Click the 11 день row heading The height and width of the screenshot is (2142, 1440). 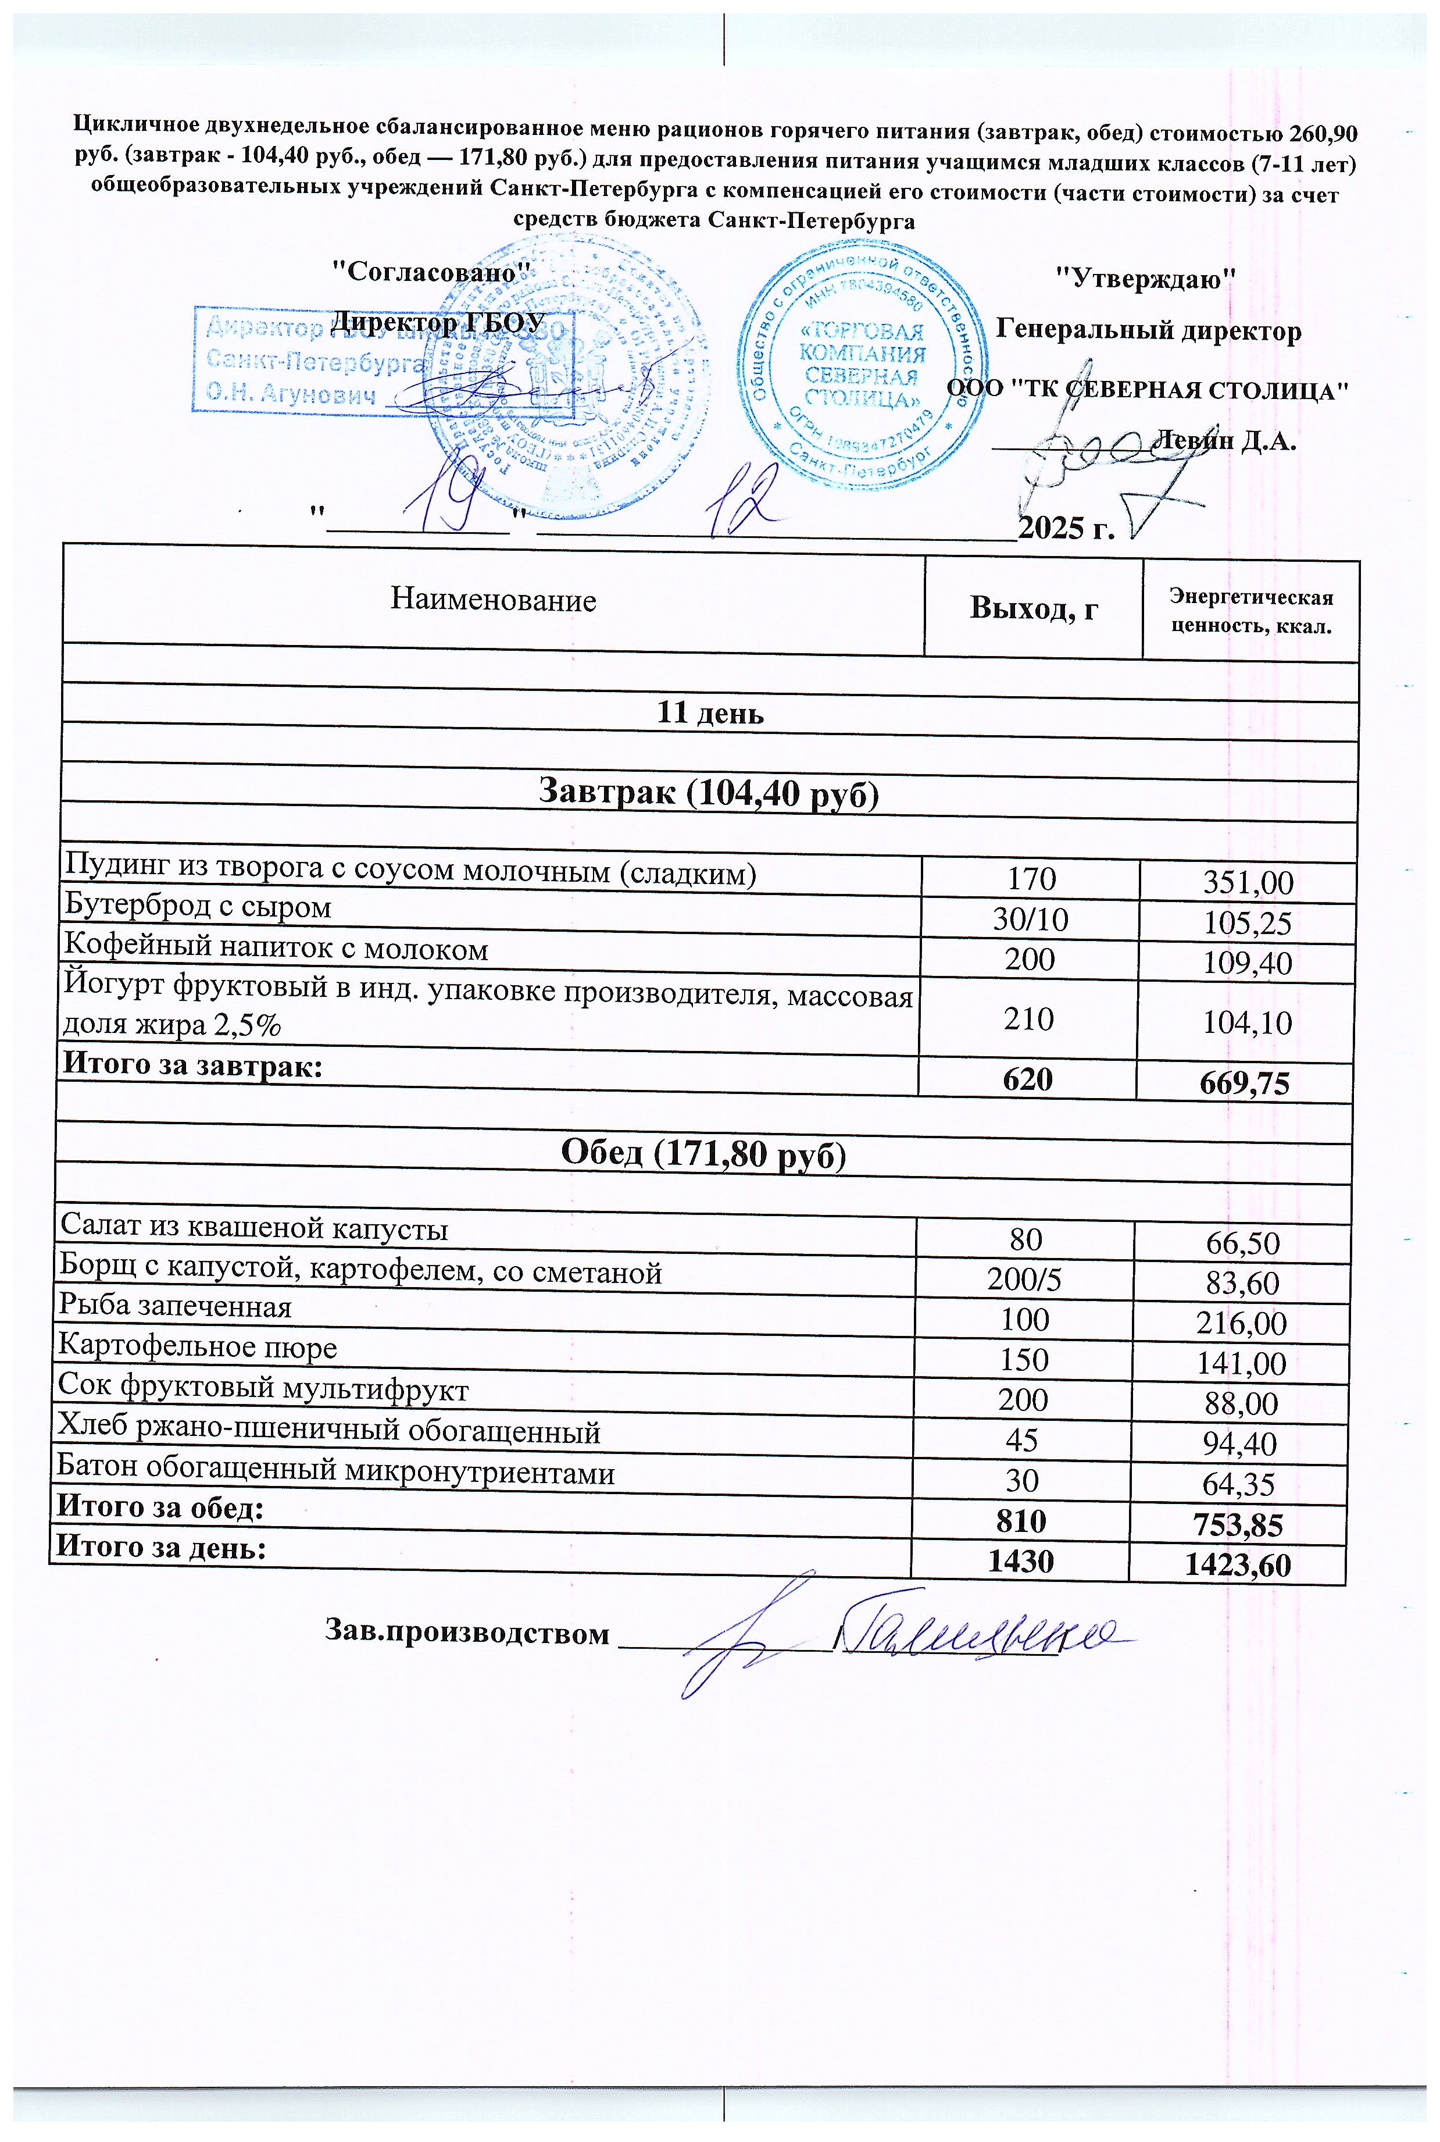point(710,713)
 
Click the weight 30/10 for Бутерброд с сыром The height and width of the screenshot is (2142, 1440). point(1030,919)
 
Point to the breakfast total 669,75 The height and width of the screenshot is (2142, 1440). point(1245,1084)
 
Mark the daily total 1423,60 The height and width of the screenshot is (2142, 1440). point(1237,1564)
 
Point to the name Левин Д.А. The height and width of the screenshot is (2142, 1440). point(1226,441)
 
